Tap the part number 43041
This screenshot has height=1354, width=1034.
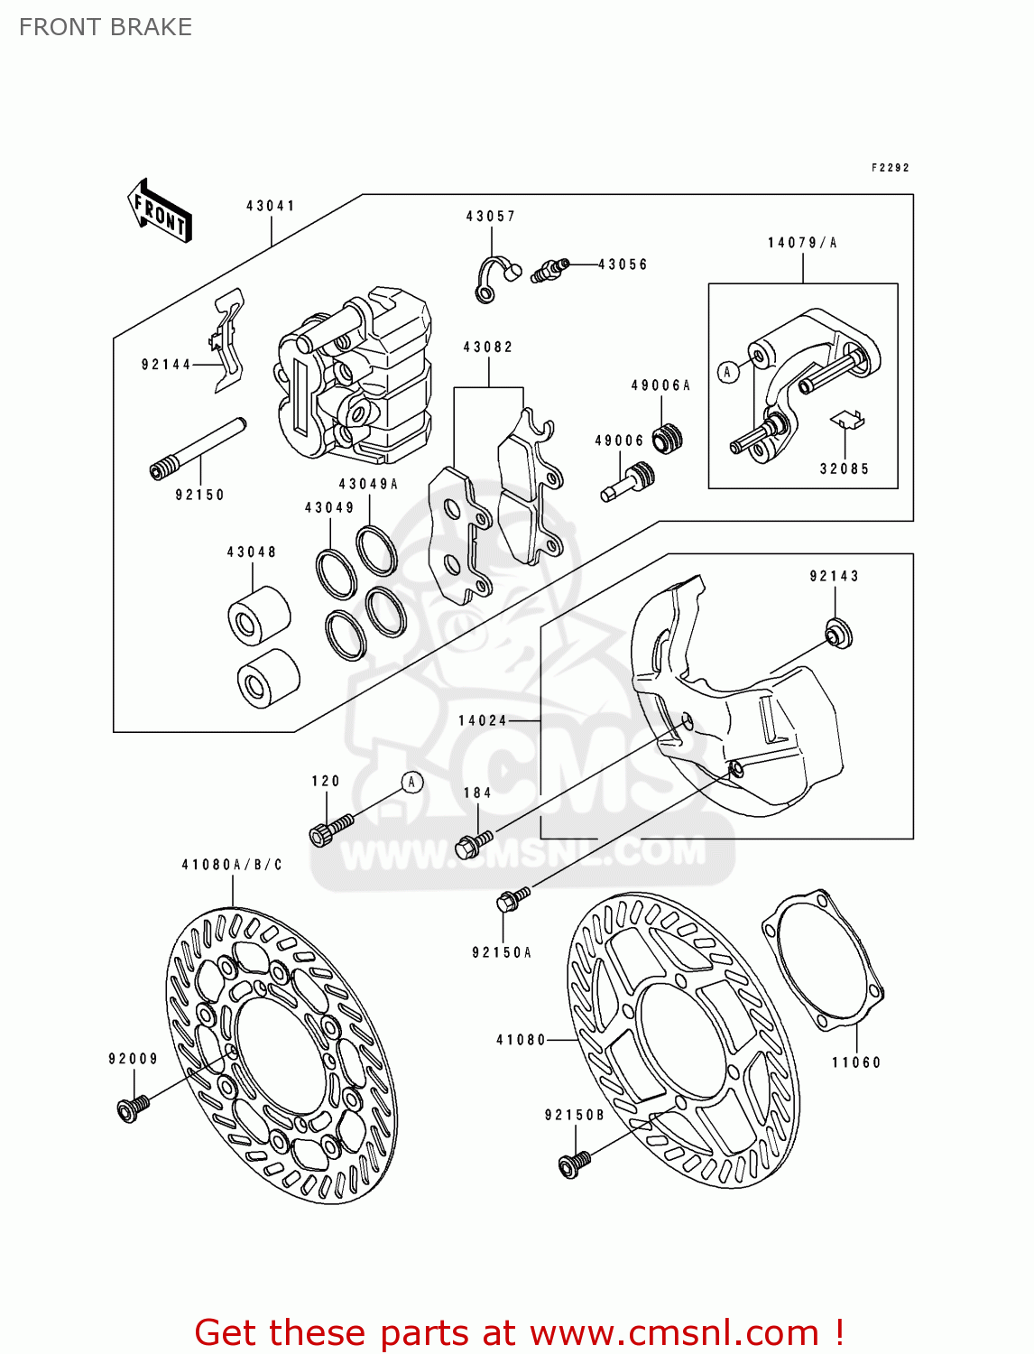pos(271,206)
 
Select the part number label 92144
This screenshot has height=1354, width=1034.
pos(166,365)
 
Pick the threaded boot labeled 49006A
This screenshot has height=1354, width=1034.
pos(668,438)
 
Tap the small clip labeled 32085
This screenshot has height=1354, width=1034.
pos(847,420)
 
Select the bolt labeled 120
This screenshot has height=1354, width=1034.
pos(329,830)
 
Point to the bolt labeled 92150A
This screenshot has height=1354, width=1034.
pos(512,899)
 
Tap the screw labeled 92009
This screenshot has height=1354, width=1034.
pos(132,1108)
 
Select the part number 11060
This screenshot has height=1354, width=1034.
pos(855,1062)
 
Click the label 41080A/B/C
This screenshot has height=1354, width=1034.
pos(232,865)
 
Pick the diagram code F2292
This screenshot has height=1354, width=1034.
pos(890,168)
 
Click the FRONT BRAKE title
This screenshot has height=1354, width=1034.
pos(106,27)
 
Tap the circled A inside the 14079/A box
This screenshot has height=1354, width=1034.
pos(728,372)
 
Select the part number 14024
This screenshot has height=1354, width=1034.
pos(483,720)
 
